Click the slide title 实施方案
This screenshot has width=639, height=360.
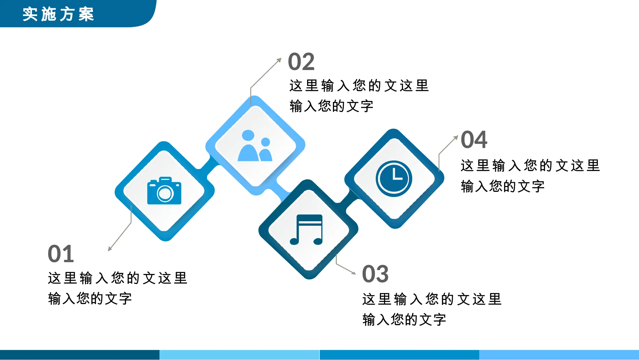point(58,14)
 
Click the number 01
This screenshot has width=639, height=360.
point(61,254)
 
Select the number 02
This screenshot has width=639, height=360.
point(301,62)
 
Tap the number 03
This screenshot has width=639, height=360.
point(375,274)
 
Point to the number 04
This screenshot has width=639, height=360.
point(474,140)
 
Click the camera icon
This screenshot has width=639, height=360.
point(164,191)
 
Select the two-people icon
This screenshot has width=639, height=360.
point(255,145)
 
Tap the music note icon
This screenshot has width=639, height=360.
point(306,230)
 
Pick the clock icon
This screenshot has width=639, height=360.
point(394,178)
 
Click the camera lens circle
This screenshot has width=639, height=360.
point(165,193)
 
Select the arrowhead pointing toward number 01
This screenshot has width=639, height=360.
point(110,248)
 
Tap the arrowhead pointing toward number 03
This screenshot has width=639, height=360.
point(353,273)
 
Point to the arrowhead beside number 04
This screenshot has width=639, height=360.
point(456,137)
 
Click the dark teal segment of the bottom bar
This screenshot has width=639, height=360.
point(80,355)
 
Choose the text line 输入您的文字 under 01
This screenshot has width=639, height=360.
point(90,299)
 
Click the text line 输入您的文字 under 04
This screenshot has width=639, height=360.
point(503,186)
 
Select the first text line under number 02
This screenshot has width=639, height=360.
point(359,86)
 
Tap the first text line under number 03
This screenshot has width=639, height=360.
point(432,299)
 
